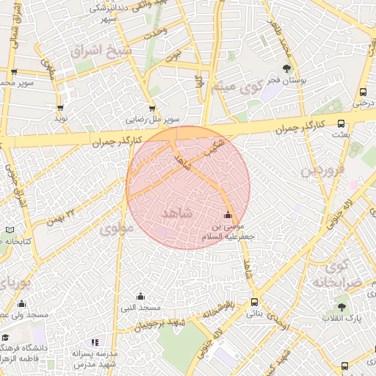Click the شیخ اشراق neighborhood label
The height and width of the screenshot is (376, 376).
click(x=101, y=52)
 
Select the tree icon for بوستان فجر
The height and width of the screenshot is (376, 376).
click(x=285, y=68)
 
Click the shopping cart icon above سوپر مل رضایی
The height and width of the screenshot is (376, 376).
click(x=152, y=107)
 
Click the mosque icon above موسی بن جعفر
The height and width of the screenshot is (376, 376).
click(x=228, y=215)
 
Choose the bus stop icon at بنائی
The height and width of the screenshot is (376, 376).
click(x=254, y=302)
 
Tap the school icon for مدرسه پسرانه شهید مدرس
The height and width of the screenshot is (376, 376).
click(x=94, y=342)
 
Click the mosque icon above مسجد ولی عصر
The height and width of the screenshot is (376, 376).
click(x=21, y=304)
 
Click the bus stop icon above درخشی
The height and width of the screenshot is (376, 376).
click(x=363, y=93)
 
